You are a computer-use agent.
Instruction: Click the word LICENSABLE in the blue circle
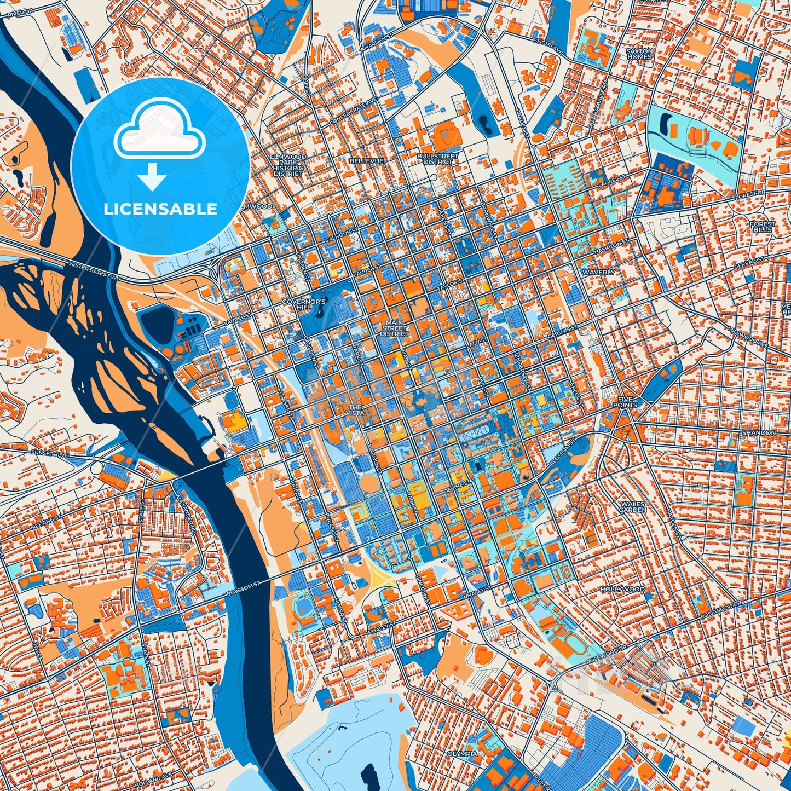(x=160, y=209)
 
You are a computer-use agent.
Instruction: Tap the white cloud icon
(x=159, y=128)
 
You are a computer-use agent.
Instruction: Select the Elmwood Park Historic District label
(x=288, y=165)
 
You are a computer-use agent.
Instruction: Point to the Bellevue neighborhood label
(x=366, y=161)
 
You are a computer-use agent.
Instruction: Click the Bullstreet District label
(x=438, y=159)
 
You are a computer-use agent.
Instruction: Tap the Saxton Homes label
(x=639, y=54)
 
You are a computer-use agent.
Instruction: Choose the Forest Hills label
(x=763, y=227)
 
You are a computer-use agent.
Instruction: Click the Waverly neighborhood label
(x=599, y=272)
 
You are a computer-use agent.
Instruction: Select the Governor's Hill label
(x=311, y=304)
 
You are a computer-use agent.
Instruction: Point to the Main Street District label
(x=394, y=328)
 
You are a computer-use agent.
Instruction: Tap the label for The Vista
(x=355, y=411)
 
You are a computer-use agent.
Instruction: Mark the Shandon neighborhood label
(x=759, y=432)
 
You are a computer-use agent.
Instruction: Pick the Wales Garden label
(x=633, y=506)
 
